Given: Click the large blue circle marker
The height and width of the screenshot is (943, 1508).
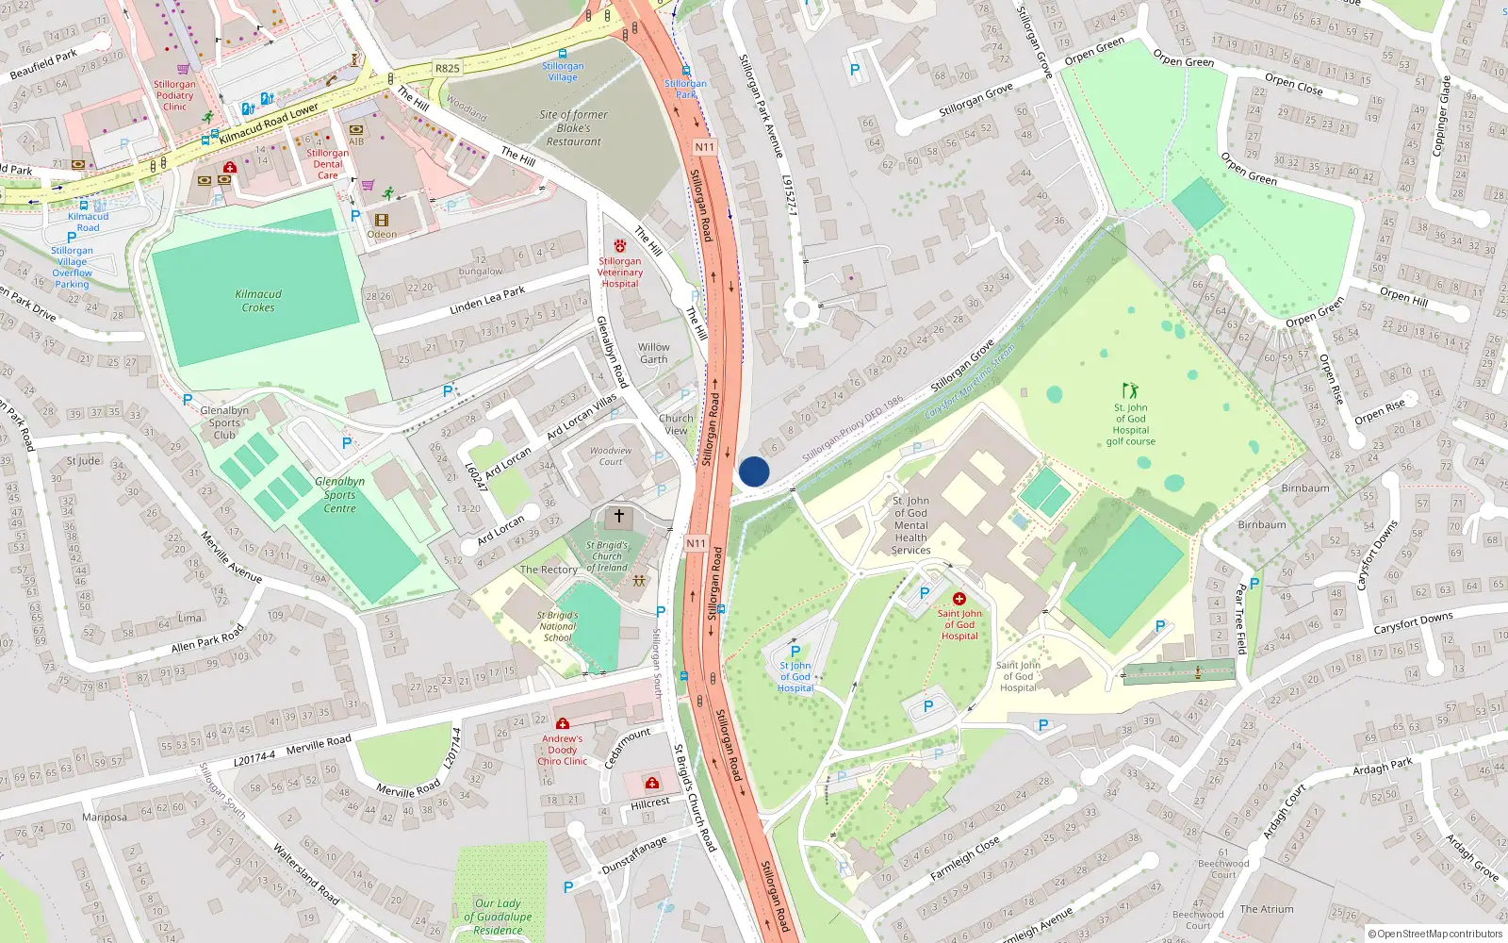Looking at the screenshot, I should pyautogui.click(x=754, y=471).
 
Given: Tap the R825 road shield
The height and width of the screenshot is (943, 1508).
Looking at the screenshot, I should pyautogui.click(x=448, y=68).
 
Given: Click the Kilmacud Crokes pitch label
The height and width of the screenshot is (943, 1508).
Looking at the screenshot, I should pyautogui.click(x=258, y=301).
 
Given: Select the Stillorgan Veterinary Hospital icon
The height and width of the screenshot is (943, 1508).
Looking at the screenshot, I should pyautogui.click(x=619, y=246).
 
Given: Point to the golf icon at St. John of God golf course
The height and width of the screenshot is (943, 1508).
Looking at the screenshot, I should pyautogui.click(x=1130, y=390).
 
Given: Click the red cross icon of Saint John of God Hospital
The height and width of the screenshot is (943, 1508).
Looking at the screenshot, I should pyautogui.click(x=959, y=599).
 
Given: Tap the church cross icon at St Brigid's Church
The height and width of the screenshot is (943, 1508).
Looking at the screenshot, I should pyautogui.click(x=619, y=516).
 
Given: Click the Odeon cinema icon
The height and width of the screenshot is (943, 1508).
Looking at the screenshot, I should pyautogui.click(x=382, y=221).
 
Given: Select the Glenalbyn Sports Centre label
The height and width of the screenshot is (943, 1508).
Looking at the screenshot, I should pyautogui.click(x=339, y=494).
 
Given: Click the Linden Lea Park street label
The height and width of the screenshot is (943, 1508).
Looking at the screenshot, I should pyautogui.click(x=487, y=300).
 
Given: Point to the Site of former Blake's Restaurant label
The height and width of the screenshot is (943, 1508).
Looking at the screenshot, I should pyautogui.click(x=573, y=128).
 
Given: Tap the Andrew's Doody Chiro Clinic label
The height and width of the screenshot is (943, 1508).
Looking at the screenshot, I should pyautogui.click(x=562, y=750).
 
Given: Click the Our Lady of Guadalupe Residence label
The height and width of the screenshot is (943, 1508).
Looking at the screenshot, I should pyautogui.click(x=498, y=916).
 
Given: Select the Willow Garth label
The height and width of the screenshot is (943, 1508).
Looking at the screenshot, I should pyautogui.click(x=653, y=353).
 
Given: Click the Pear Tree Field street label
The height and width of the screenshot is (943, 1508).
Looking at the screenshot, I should pyautogui.click(x=1240, y=619).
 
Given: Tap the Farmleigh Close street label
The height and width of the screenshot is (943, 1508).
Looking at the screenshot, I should pyautogui.click(x=964, y=858).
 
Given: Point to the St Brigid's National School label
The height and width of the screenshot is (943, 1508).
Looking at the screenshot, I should pyautogui.click(x=557, y=626).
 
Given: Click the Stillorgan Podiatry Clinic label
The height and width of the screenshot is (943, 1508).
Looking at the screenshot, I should pyautogui.click(x=174, y=95).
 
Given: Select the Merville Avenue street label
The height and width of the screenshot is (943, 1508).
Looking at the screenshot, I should pyautogui.click(x=231, y=556).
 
